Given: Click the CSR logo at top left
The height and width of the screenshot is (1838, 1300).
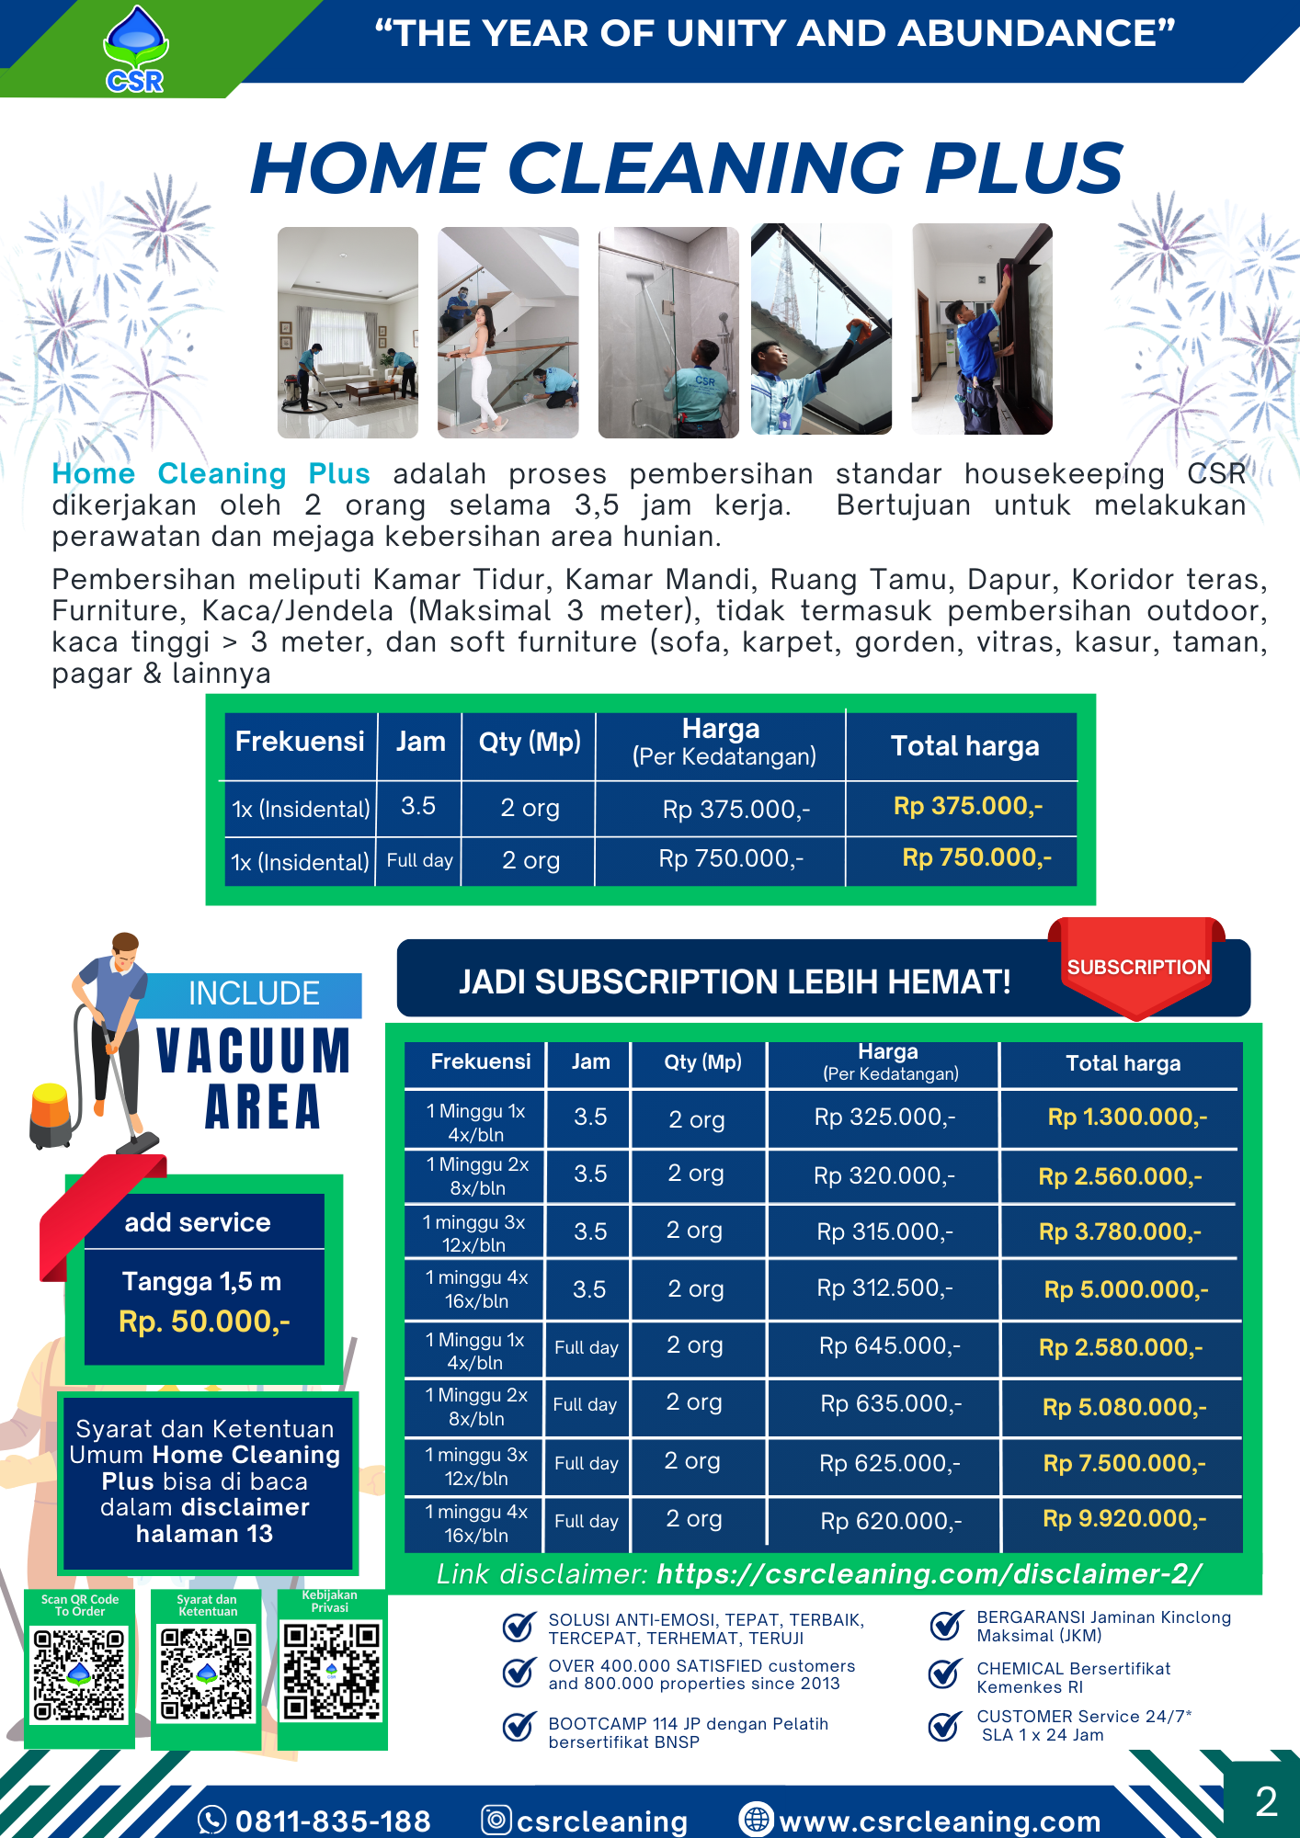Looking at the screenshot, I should pos(135,51).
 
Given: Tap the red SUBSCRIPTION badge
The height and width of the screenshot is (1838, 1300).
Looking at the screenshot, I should pos(1137,968).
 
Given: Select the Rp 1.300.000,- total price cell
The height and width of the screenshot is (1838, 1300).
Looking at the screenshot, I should pos(1127,1118).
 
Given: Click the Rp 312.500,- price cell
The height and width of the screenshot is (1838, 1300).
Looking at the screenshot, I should pos(884,1288).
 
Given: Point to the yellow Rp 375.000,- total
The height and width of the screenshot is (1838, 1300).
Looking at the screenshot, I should pos(967,806).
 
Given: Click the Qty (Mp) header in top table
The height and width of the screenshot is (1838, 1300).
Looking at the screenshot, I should pos(530,742).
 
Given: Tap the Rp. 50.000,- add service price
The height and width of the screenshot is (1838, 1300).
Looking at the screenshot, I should pos(204,1322).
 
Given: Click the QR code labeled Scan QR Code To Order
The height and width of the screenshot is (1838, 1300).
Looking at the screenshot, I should pos(79,1674).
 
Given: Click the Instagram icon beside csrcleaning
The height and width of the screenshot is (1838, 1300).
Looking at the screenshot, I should pos(496,1820).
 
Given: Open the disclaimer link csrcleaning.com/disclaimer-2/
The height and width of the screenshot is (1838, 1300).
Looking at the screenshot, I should pos(929,1574).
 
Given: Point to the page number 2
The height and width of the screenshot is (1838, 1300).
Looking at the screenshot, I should pos(1266,1801).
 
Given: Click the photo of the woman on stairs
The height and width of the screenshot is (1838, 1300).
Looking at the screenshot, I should pos(507,332).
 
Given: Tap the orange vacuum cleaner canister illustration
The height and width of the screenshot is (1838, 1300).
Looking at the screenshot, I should pos(51,1114).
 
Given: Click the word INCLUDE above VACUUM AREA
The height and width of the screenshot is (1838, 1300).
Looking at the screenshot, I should pos(254,993).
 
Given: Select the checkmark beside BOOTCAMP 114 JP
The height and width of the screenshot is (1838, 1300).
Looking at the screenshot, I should pos(519,1728).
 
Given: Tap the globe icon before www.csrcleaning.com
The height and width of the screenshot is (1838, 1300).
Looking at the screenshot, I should pos(757,1820).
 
